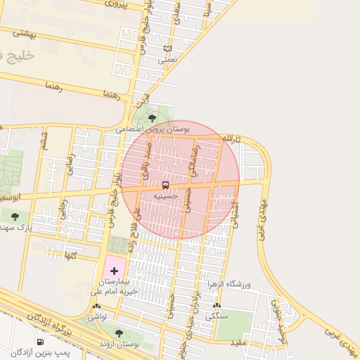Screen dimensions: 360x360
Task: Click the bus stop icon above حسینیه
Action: click(165, 186)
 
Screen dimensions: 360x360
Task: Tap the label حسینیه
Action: click(165, 197)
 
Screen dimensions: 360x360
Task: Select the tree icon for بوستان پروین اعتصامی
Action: click(152, 118)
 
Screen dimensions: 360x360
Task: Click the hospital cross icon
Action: click(115, 270)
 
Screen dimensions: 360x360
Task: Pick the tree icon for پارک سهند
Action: click(15, 217)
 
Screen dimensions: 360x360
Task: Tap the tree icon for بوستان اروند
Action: click(118, 333)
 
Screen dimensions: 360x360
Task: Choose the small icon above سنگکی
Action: click(217, 306)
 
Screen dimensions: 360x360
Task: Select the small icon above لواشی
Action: click(97, 307)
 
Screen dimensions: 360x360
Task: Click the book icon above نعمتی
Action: click(167, 49)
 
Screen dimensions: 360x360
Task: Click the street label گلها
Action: click(69, 254)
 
